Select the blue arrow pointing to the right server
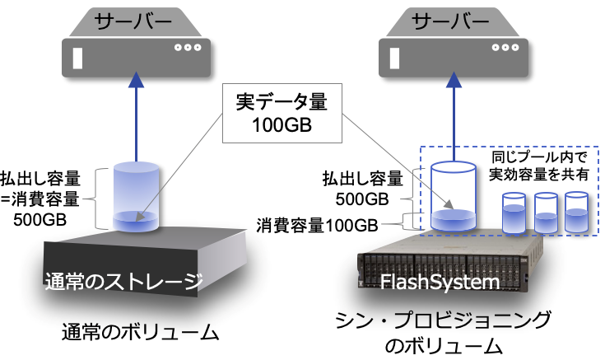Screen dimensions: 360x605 tap(451, 115)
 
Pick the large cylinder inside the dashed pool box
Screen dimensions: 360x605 tap(452, 197)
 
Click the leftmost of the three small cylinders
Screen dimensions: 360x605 tap(514, 213)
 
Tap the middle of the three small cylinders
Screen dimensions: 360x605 tap(546, 213)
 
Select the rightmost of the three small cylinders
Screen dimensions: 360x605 tap(575, 213)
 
